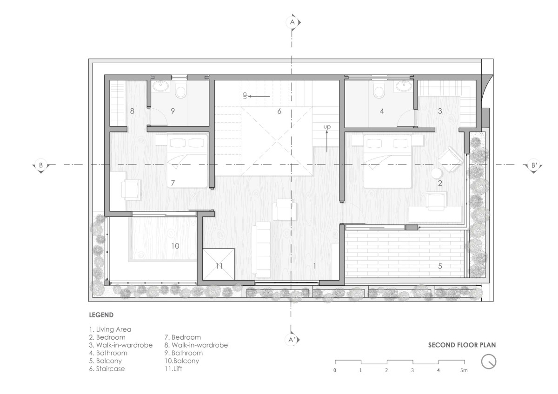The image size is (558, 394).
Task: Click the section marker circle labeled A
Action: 292,22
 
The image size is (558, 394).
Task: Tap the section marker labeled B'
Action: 534,165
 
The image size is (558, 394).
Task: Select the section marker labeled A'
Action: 292,340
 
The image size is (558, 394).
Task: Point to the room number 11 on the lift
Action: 219,266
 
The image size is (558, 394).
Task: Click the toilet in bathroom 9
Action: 181,91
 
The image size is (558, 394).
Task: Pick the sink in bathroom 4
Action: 403,86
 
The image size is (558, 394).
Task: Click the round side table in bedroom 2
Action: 436,173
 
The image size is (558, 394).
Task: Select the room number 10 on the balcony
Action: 175,246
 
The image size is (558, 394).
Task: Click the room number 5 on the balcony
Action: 440,266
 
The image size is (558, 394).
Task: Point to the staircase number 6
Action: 279,111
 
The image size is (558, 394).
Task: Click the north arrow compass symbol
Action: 489,361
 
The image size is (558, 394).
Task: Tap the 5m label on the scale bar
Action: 464,370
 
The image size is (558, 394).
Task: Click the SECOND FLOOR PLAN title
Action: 462,345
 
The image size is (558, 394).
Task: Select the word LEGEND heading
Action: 101,315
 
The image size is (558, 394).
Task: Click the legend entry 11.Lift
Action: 173,368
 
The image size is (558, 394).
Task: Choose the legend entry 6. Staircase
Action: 107,368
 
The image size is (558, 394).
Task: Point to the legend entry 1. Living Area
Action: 110,329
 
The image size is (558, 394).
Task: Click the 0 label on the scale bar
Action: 334,370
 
